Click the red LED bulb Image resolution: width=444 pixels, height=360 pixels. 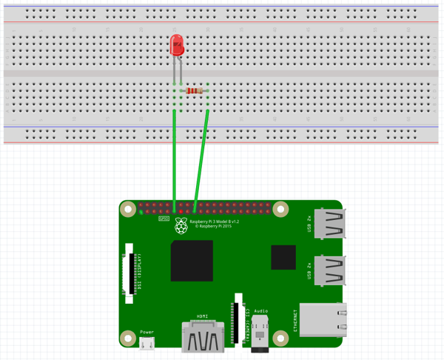tap(177, 46)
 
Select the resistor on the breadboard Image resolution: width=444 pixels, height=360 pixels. tap(195, 90)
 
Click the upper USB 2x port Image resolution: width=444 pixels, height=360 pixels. tap(329, 224)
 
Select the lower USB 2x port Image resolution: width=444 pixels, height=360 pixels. tap(329, 270)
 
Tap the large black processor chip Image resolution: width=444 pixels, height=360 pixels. tap(192, 261)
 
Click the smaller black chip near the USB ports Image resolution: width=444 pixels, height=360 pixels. tap(283, 257)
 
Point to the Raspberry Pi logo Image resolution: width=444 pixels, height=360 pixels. tap(181, 226)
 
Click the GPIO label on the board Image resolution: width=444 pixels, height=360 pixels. tap(164, 219)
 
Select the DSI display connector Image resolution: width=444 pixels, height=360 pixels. tap(131, 274)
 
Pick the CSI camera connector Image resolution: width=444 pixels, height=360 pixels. tap(238, 319)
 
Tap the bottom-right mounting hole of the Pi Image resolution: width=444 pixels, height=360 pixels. tap(280, 339)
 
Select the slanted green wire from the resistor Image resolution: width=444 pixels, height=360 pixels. tap(201, 159)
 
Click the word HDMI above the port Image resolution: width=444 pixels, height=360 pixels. tap(202, 316)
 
